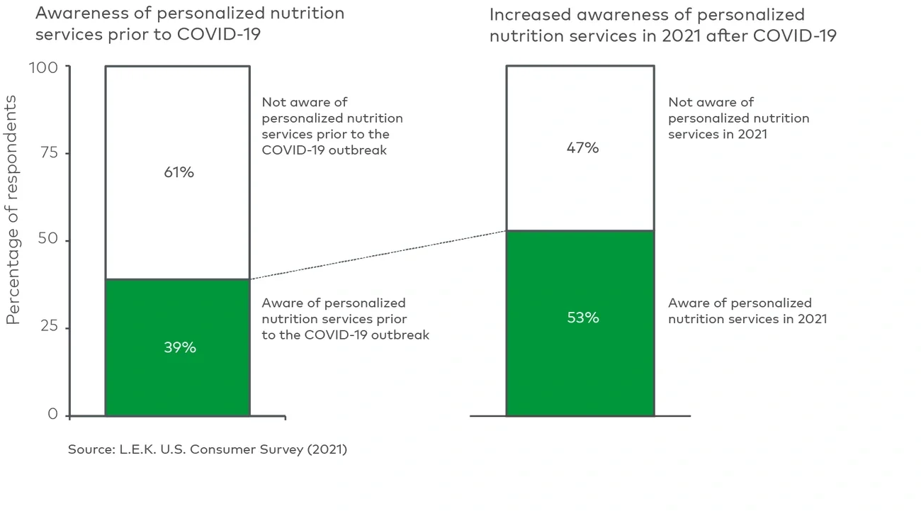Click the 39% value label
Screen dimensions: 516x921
tap(179, 347)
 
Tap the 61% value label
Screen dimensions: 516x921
tap(179, 172)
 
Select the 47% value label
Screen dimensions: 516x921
tap(583, 147)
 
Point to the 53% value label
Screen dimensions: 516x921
tap(583, 318)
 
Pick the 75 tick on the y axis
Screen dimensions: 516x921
tap(50, 153)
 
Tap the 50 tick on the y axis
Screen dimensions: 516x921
tap(50, 241)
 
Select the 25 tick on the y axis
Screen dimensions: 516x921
tap(50, 328)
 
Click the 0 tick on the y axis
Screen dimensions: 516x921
tap(53, 415)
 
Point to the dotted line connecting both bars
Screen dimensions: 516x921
tap(378, 254)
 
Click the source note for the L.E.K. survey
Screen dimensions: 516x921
tap(207, 449)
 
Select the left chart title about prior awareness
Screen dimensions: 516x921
tap(189, 23)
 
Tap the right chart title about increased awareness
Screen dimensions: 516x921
tap(662, 25)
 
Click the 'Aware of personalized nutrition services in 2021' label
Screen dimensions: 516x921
tap(747, 310)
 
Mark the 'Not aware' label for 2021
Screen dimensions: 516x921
tap(738, 118)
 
